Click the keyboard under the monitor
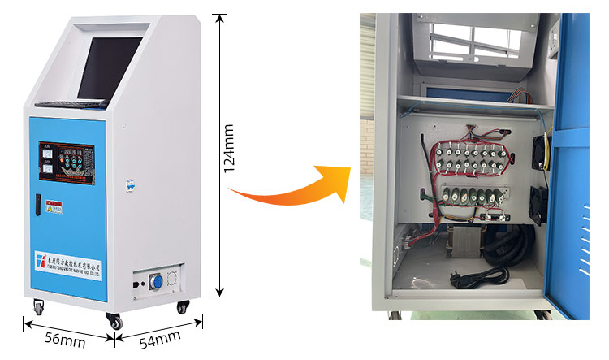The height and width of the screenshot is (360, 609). (72, 104)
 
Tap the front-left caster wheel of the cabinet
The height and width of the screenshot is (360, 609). (38, 307)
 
